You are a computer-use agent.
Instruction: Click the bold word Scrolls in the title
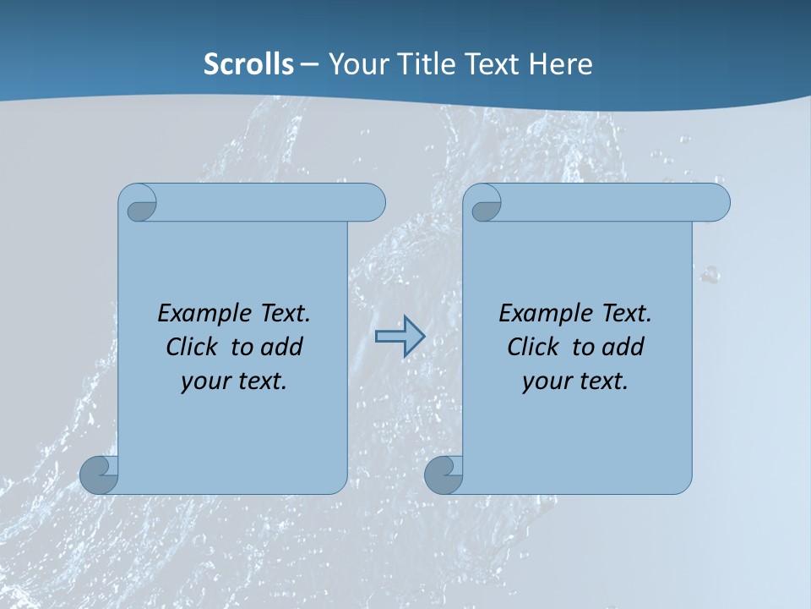(x=248, y=64)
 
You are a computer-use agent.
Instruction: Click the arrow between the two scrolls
(x=400, y=337)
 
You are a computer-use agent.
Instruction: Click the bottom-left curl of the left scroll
(x=99, y=475)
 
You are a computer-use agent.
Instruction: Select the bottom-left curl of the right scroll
(x=444, y=475)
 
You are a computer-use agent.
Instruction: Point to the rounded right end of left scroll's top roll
(x=372, y=202)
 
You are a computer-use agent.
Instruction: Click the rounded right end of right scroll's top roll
(x=716, y=202)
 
